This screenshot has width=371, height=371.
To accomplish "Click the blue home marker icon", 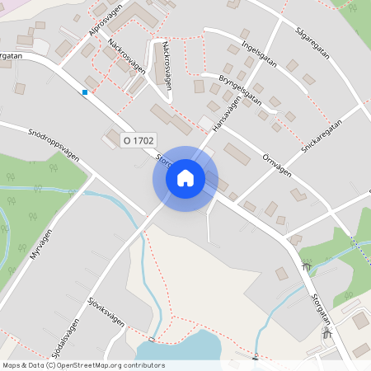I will point(185,177).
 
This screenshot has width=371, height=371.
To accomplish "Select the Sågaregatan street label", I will point(312,40).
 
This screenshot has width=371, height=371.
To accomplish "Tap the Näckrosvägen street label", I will point(125,56).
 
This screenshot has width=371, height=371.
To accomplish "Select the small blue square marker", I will point(84,92).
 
